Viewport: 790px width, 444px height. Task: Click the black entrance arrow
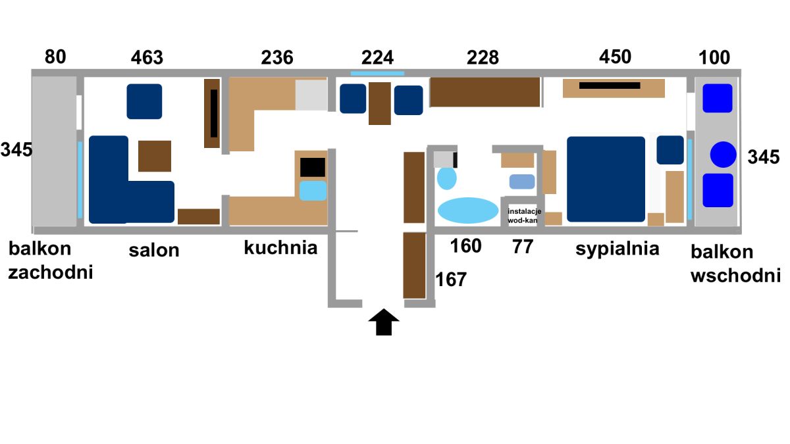click(x=384, y=322)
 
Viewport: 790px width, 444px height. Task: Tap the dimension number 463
click(x=147, y=57)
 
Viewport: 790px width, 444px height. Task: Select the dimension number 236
click(x=277, y=57)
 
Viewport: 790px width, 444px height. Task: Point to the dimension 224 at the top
click(x=377, y=57)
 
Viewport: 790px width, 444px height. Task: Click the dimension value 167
click(x=451, y=280)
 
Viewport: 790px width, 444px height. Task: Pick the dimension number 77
click(x=523, y=246)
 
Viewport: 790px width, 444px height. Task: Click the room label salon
click(x=154, y=250)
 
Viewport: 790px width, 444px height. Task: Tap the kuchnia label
click(x=280, y=247)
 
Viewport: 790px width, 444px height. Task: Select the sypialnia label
click(x=618, y=249)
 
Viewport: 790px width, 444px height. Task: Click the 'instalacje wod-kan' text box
click(x=524, y=216)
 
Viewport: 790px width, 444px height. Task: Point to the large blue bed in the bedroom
click(x=606, y=179)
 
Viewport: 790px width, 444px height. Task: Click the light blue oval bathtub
click(x=468, y=210)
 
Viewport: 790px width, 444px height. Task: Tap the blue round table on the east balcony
click(x=723, y=155)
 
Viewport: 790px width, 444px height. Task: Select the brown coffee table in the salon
click(x=155, y=156)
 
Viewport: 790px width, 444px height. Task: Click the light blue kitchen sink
click(x=313, y=191)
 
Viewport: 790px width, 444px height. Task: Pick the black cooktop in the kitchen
click(x=313, y=167)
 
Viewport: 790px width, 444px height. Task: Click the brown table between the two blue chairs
click(x=380, y=103)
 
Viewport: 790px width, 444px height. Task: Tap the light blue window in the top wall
click(x=377, y=73)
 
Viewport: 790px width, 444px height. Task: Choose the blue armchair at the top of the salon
click(x=144, y=101)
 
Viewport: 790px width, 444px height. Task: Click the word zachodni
click(x=51, y=273)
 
